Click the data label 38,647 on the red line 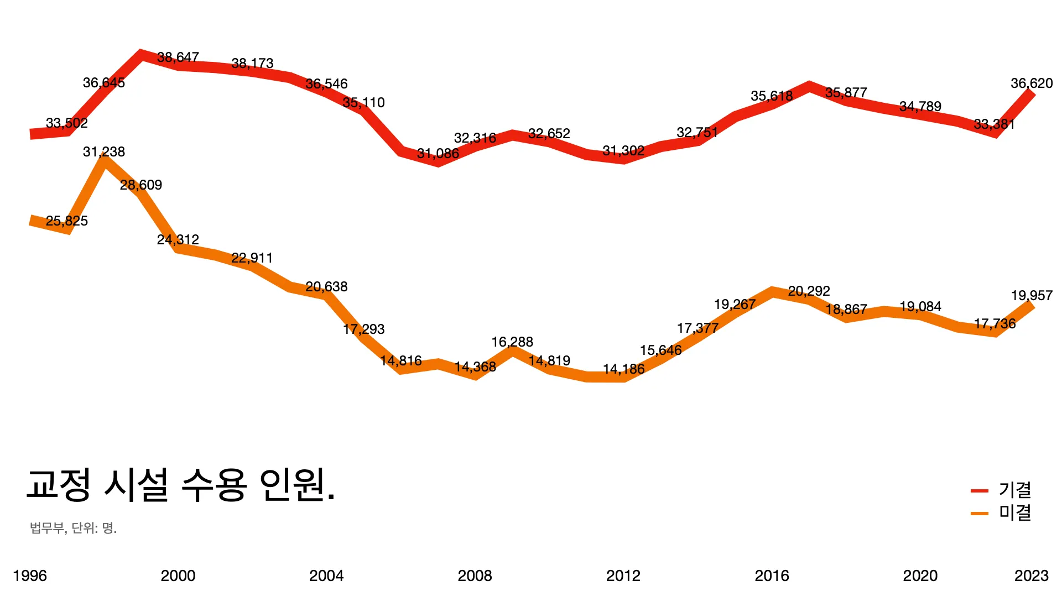178,57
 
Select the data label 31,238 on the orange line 104,152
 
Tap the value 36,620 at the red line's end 1031,83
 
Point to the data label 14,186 623,369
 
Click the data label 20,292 809,291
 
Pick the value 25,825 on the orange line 66,221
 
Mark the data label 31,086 438,154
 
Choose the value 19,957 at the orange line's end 1031,296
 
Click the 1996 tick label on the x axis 30,576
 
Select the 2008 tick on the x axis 475,576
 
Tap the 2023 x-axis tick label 1031,576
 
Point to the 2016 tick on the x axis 772,576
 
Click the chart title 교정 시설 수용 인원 181,485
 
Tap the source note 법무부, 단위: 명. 74,528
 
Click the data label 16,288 512,342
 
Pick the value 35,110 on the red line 363,103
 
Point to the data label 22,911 252,258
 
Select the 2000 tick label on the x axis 178,576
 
